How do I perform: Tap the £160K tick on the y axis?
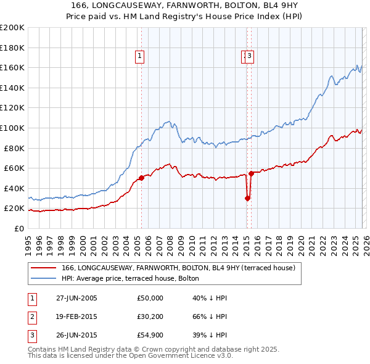(12, 67)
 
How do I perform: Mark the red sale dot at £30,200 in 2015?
(247, 198)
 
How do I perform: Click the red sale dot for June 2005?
(142, 178)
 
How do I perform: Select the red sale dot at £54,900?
(251, 173)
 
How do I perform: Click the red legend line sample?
(43, 268)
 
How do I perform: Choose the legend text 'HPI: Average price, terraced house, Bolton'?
(130, 278)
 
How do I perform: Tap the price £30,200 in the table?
(150, 317)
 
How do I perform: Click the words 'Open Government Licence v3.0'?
(176, 356)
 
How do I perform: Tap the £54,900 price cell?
(150, 336)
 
